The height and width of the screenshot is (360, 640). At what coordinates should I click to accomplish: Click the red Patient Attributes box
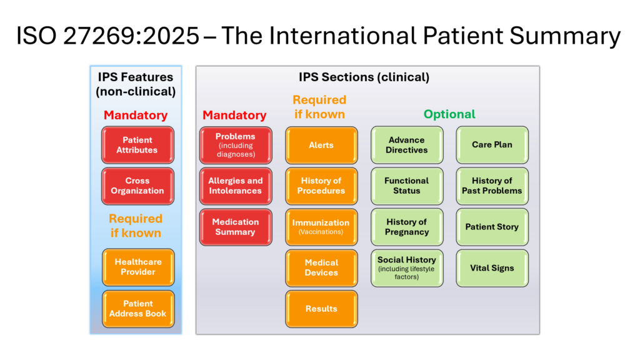point(137,145)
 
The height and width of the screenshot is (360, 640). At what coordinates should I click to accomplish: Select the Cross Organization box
point(137,186)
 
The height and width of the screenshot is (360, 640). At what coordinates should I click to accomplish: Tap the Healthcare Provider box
point(138,267)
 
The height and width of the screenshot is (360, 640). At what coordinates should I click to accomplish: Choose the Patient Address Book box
point(138,309)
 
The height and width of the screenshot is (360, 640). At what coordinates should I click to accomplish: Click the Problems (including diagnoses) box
point(236,145)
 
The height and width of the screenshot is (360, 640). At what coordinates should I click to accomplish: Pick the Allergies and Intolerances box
point(236,186)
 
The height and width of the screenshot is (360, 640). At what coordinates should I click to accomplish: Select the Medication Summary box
point(236,227)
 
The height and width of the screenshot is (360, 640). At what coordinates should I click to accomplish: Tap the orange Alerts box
point(321,145)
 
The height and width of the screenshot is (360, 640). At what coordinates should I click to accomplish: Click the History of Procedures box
point(321,186)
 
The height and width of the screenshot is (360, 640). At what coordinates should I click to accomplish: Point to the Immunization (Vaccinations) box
point(321,227)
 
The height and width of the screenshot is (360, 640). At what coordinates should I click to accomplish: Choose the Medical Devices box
point(321,267)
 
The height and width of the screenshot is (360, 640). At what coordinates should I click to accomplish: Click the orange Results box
point(321,309)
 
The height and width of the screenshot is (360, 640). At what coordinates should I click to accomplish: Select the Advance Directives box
point(407,145)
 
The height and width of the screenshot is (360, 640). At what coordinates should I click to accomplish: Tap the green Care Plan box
point(492,145)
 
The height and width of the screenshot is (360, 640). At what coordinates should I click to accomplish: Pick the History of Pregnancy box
point(407,227)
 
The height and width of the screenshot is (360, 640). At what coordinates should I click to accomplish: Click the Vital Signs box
point(492,267)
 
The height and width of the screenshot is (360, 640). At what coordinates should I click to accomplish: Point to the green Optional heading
point(449,114)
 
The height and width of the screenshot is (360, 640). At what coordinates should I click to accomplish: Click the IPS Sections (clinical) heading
point(364,77)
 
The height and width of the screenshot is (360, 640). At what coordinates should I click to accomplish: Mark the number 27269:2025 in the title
point(131,36)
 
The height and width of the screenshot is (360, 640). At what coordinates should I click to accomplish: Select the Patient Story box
point(492,227)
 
